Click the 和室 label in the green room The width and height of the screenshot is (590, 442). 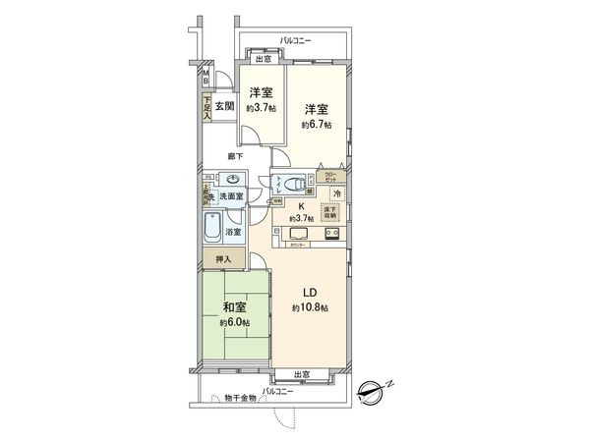click(235, 305)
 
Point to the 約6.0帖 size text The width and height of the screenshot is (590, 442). click(235, 321)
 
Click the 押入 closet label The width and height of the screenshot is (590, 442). click(223, 258)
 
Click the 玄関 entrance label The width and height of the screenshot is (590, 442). click(224, 106)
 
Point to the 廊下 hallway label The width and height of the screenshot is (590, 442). click(236, 156)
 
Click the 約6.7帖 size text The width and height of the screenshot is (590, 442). click(317, 125)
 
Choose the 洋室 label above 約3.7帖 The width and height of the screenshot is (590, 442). click(260, 93)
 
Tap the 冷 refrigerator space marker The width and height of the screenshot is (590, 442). click(336, 194)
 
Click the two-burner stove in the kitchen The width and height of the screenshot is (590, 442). click(332, 236)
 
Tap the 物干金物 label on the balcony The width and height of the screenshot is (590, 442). click(239, 398)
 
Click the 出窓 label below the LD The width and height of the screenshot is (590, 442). click(302, 374)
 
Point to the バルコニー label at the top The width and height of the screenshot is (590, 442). click(295, 39)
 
